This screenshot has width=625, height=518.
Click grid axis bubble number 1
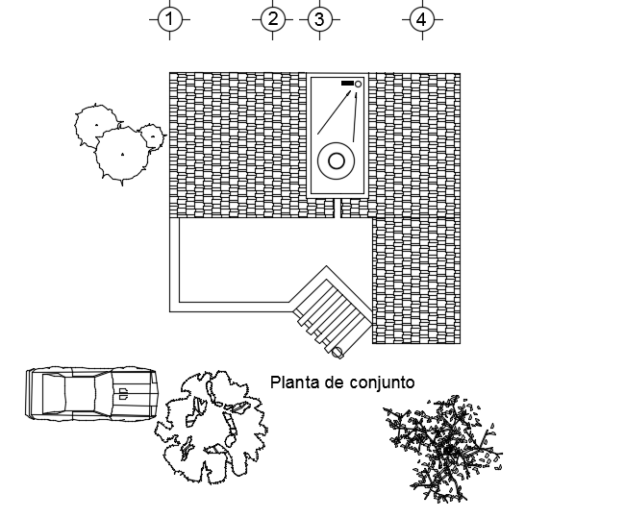(170, 19)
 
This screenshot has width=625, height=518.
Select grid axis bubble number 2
(273, 19)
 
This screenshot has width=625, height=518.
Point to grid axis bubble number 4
(420, 19)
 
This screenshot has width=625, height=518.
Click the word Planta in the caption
(293, 382)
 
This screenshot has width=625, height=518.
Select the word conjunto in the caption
(382, 382)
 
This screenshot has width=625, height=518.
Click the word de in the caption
(333, 382)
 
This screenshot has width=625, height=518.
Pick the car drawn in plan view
(91, 393)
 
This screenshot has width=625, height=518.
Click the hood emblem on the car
(123, 392)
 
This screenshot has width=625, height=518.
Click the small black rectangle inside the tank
(347, 85)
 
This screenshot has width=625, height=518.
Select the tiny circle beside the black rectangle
(359, 85)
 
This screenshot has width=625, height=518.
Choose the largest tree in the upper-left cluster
(123, 154)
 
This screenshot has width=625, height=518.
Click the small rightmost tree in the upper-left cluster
(152, 136)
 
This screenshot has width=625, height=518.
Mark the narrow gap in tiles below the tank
(340, 209)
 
